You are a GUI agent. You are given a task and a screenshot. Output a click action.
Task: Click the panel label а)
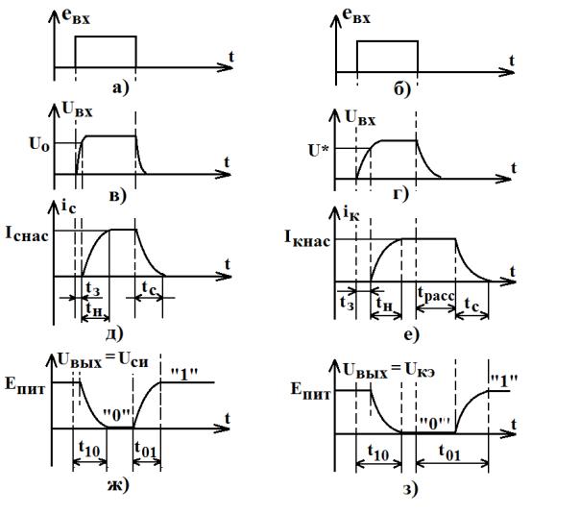[121, 88]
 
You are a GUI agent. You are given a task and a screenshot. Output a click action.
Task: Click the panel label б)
[402, 90]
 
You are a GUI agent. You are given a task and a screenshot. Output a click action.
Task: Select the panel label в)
[118, 195]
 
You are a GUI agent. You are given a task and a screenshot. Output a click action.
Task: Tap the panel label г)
[401, 194]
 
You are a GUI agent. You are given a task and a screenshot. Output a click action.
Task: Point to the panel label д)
[114, 333]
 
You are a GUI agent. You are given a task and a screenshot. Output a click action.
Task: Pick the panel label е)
[412, 335]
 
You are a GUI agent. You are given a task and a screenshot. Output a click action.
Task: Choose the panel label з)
[410, 489]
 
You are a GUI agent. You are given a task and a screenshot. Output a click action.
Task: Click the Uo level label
[39, 144]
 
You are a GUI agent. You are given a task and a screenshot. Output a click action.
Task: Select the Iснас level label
[27, 234]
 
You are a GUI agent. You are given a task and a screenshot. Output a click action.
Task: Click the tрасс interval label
[436, 295]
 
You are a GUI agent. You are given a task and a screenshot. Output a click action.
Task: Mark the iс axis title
[68, 208]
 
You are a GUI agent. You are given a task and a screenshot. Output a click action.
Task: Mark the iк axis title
[351, 212]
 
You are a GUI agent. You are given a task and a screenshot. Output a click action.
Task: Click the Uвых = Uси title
[103, 359]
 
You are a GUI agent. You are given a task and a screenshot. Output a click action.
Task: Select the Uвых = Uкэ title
[389, 370]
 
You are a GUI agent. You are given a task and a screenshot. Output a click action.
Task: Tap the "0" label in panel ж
[117, 416]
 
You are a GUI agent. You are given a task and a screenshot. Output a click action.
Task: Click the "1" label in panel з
[503, 380]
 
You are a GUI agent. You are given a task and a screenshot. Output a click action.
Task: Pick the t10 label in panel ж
[89, 449]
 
